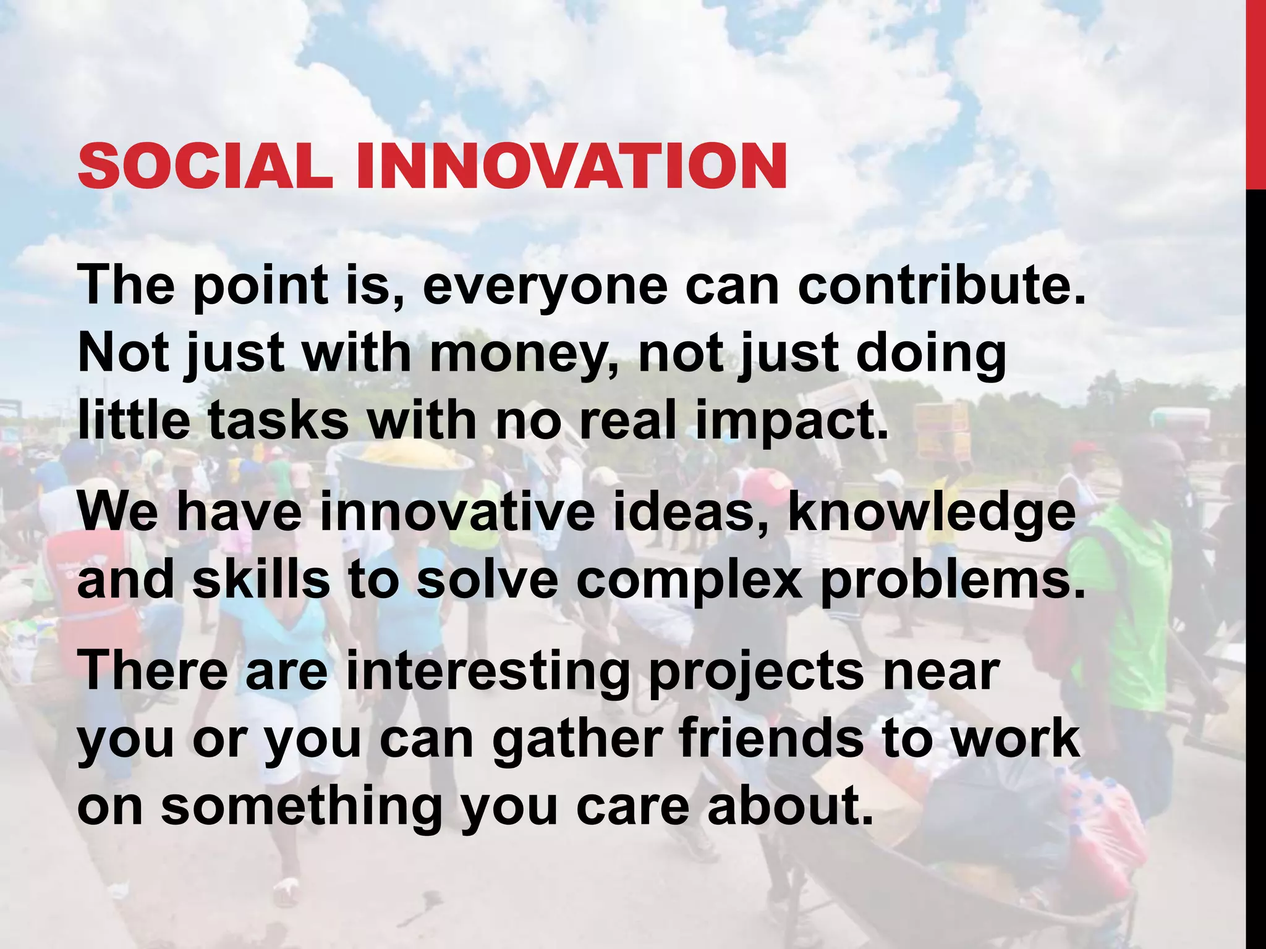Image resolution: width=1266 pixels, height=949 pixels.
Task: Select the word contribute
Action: click(941, 285)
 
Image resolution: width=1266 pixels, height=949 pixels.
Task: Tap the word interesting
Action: click(488, 672)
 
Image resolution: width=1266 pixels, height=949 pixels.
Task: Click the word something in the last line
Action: click(302, 808)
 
